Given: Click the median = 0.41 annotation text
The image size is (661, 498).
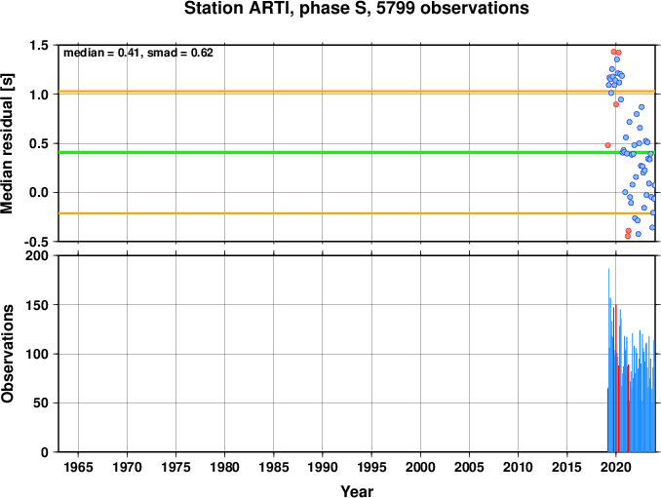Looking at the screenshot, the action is coord(101,53).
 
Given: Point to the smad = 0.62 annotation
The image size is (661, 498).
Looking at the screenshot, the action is coord(180,53).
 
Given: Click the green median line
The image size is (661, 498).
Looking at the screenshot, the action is coord(357,152).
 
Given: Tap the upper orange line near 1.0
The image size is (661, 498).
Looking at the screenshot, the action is coord(357,91).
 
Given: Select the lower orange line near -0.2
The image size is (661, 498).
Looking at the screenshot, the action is coord(357,213).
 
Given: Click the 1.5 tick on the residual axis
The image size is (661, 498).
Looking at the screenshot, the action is coord(39,45).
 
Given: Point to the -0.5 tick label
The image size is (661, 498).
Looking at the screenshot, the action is coord(36,242).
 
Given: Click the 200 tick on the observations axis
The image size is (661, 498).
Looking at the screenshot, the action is coord(37,255).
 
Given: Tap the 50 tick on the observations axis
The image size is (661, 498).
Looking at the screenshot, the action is coord(41,402).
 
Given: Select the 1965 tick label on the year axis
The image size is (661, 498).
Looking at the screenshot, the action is coord(78,467).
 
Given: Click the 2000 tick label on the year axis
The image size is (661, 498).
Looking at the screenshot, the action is coord(420,467).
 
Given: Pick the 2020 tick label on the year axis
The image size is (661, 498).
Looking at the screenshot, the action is coord(616,467).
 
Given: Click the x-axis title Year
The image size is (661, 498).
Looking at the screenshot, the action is coord(357,491).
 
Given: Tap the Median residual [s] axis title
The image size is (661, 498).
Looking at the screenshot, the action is coord(8,143).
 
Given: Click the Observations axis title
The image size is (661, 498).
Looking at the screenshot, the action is coord(8,354).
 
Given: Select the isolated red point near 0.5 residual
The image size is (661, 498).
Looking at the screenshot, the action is coord(607,145).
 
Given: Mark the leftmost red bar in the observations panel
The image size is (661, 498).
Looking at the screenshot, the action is coord(607,420).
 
